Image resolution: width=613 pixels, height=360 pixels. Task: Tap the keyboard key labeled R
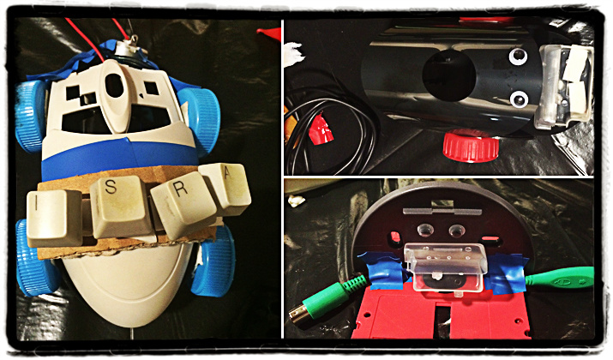pos(183,207)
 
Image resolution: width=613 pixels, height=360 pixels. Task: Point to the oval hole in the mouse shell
pos(114,85)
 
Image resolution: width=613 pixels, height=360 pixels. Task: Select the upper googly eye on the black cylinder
pos(518,57)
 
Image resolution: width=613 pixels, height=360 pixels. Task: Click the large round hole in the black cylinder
pos(448,75)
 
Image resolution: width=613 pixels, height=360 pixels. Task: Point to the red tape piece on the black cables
pos(321,129)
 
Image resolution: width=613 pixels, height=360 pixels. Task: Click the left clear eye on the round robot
pos(425,230)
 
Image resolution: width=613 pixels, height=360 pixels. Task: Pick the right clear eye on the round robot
pos(456,231)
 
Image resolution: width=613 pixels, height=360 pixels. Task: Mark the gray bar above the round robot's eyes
pos(442,211)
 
